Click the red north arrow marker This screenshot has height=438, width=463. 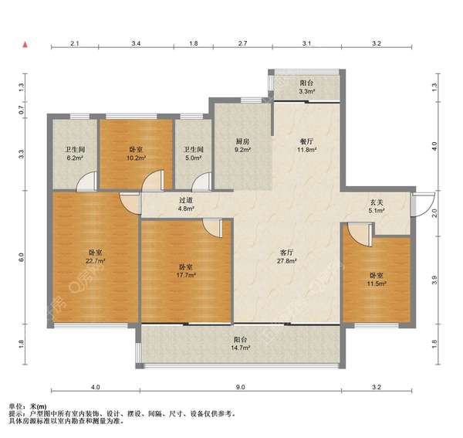25,45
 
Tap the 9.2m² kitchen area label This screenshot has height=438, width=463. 243,150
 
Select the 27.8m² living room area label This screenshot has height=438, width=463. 286,261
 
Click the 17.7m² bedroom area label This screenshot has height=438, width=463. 186,275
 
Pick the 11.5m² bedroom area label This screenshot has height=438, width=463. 377,284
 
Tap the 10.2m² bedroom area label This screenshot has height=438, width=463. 136,158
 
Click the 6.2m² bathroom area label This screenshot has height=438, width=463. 75,158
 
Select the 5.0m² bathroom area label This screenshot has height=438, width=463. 194,158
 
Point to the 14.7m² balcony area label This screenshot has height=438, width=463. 241,348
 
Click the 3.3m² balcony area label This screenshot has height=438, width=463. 306,91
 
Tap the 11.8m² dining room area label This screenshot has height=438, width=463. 307,150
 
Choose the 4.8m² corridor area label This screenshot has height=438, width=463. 186,209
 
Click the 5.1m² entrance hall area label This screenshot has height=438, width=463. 377,211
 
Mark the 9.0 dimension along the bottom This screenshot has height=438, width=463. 240,387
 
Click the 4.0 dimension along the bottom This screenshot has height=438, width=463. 96,387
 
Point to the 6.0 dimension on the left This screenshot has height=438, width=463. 22,257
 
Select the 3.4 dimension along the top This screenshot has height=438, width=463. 136,43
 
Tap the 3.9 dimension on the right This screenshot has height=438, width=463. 434,280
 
